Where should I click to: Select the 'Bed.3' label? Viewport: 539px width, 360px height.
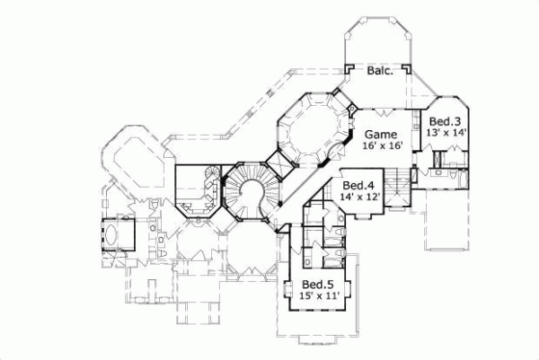tap(445, 121)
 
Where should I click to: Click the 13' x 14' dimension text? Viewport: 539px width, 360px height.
tap(445, 133)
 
